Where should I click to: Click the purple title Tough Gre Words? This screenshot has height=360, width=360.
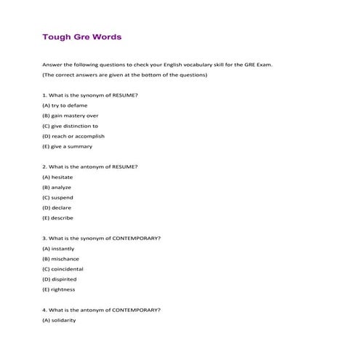(81, 36)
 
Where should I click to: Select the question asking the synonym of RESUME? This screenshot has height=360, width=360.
(90, 95)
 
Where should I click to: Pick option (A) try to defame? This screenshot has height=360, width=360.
(65, 105)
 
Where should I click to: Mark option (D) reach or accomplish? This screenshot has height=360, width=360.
(73, 136)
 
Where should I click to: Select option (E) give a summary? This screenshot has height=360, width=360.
(67, 146)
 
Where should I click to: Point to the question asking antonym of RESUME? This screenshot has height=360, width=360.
(90, 167)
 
